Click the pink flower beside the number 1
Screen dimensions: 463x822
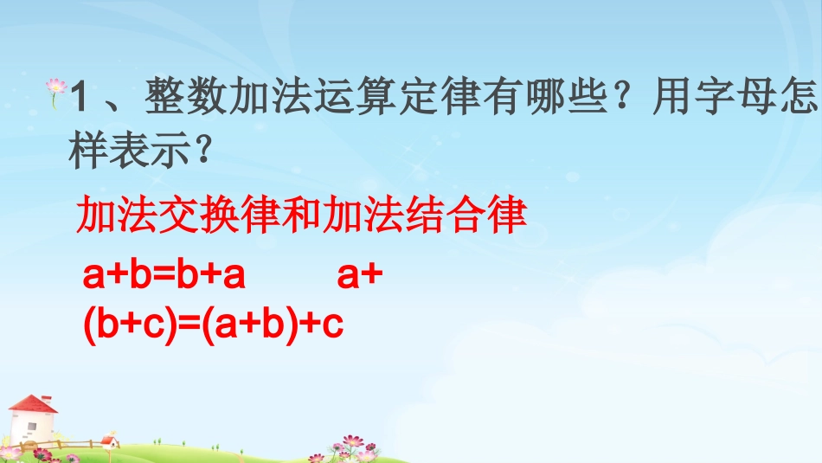tap(58, 87)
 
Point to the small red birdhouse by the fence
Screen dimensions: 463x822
tap(109, 440)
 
